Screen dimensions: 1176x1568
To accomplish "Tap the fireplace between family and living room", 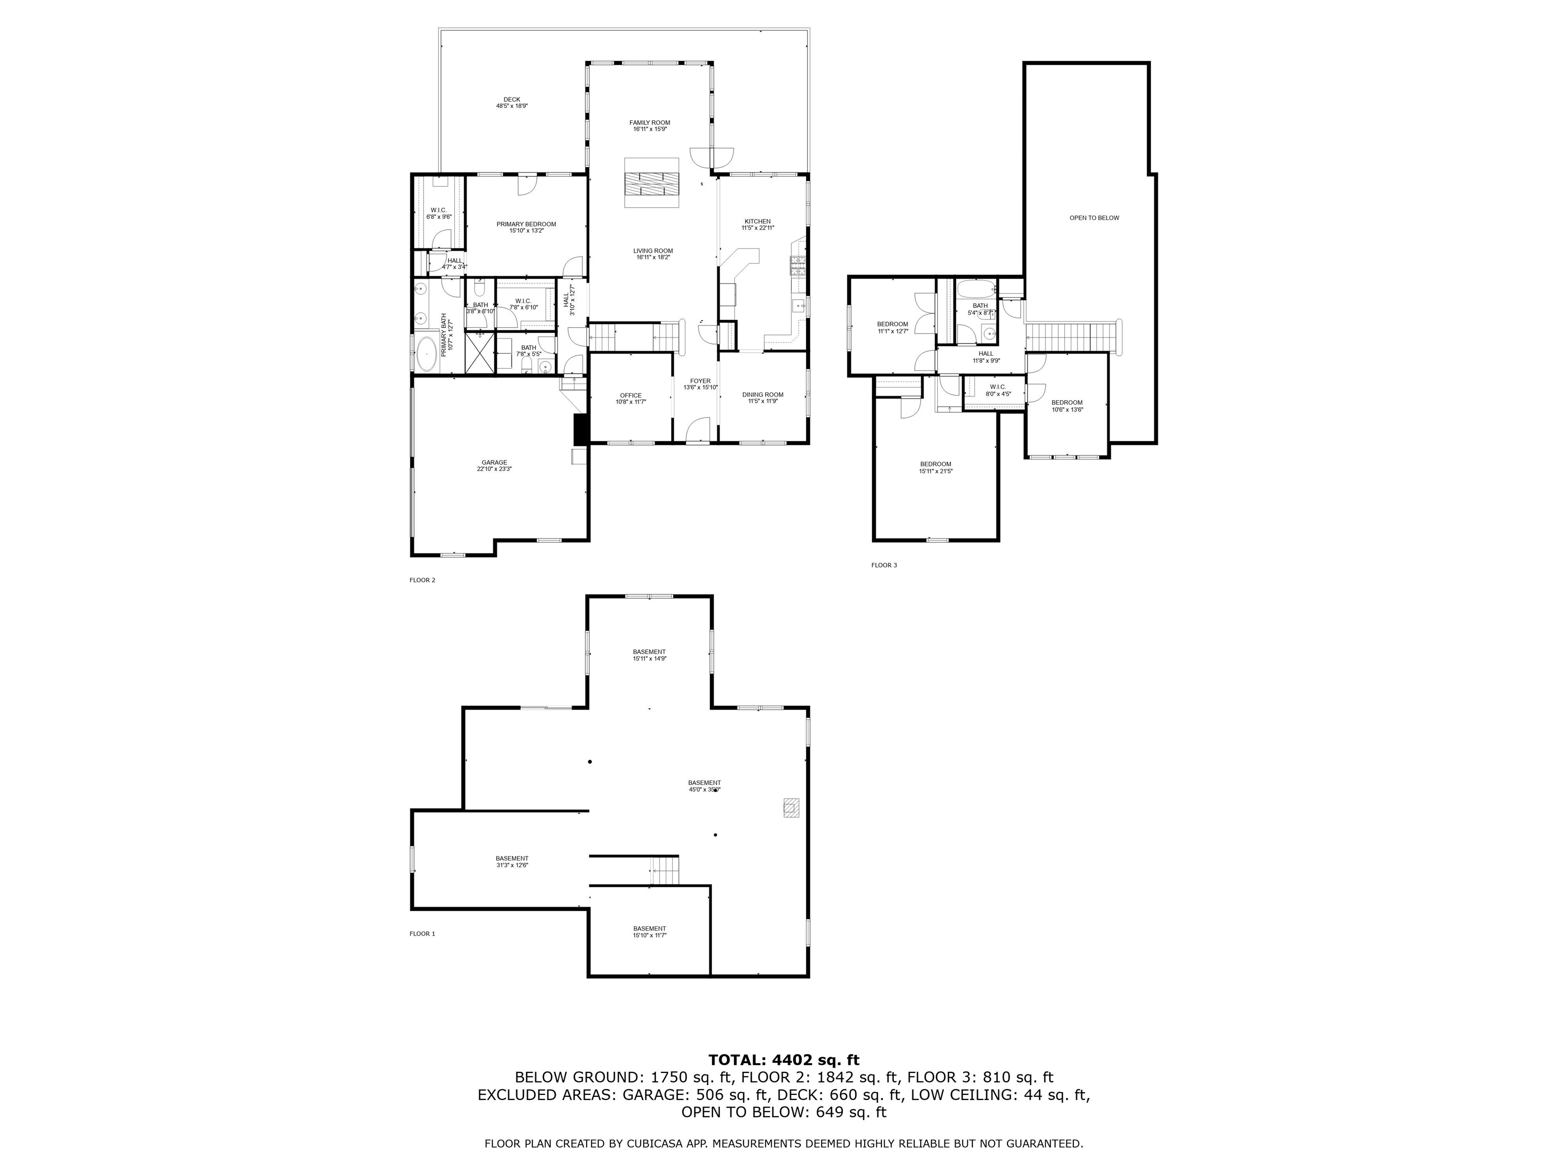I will pos(651,183).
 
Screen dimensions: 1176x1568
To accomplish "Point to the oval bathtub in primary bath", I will pos(426,354).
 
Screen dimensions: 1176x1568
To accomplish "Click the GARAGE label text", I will pos(494,465).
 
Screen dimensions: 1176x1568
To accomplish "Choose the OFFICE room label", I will pos(630,398).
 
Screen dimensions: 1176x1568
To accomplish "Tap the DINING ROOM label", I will pos(763,397).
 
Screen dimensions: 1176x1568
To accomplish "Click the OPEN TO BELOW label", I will pos(1094,217).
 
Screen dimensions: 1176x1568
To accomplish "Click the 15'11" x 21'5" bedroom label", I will pos(935,467).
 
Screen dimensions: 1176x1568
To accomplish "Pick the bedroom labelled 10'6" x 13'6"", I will pos(1066,405).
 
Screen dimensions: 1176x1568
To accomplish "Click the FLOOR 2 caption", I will pos(423,580).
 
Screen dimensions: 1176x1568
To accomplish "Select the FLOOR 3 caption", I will pos(884,565).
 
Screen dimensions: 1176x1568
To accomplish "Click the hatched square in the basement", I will pos(792,807).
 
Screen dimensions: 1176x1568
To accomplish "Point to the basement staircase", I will pos(665,870).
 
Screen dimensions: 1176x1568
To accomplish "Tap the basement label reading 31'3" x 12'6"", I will pos(512,861).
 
